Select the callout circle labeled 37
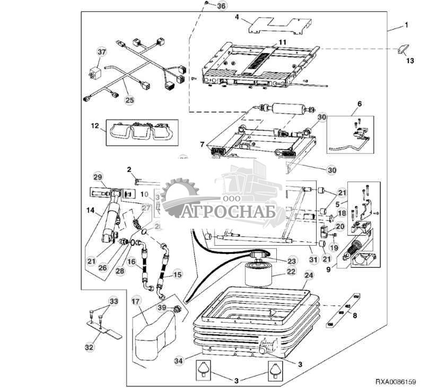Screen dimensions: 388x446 (x=101, y=51)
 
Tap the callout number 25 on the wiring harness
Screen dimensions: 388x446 (x=129, y=99)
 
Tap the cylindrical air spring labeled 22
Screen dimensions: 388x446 (x=258, y=276)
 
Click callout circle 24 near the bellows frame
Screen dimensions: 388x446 (x=309, y=275)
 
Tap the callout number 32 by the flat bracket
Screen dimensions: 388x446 (x=89, y=348)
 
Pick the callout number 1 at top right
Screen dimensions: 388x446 (x=407, y=25)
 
